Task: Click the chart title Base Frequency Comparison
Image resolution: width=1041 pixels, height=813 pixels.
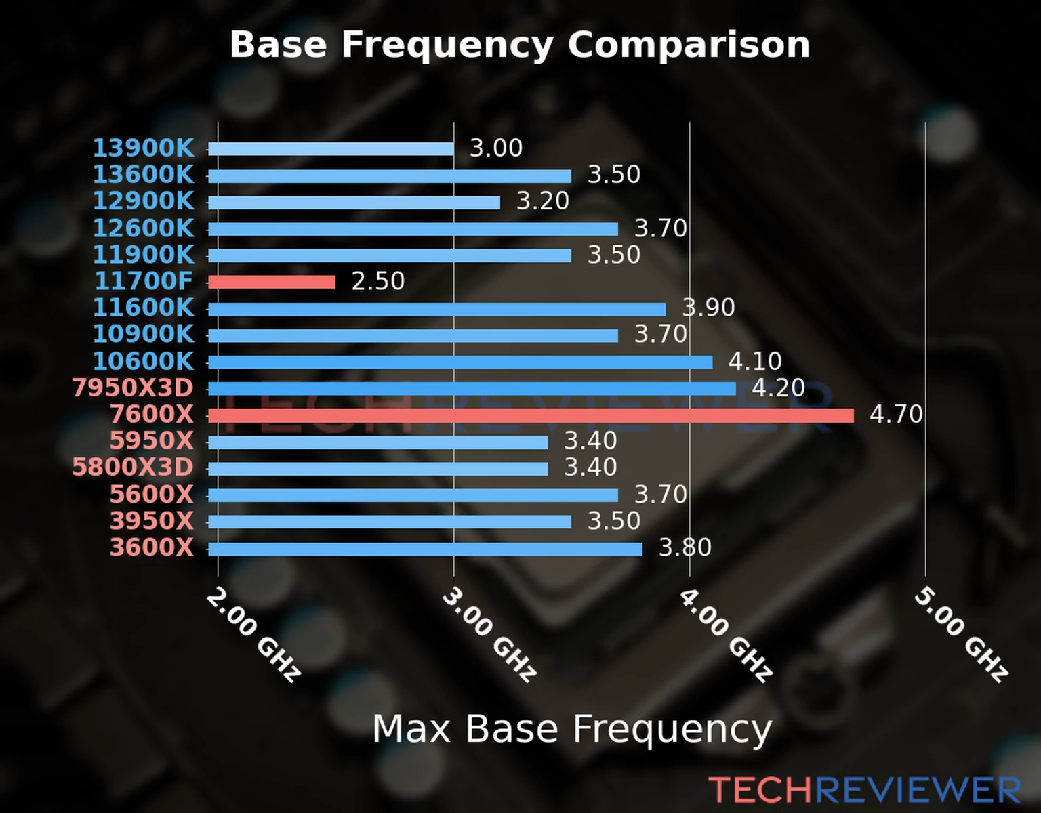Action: point(520,45)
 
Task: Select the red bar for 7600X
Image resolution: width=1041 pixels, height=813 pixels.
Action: point(531,415)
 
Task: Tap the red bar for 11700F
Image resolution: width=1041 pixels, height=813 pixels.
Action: point(271,282)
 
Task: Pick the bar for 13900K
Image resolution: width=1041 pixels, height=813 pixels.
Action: point(331,149)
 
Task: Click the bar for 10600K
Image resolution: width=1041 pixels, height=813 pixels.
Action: point(460,362)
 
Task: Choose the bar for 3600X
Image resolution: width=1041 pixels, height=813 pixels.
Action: point(425,549)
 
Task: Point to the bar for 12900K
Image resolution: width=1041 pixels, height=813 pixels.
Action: point(354,203)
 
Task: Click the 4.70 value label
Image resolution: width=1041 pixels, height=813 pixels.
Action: point(896,414)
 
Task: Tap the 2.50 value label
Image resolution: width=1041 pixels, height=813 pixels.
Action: point(377,281)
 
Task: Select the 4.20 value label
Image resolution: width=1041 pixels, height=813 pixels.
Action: point(778,388)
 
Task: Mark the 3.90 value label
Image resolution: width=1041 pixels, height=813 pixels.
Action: point(708,308)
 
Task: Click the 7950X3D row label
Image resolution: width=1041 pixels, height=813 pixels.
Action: point(133,388)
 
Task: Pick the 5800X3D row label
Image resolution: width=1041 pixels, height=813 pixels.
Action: point(133,467)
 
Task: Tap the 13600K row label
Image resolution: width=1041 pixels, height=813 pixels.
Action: point(143,175)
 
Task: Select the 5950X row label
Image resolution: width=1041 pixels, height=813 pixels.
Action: point(152,441)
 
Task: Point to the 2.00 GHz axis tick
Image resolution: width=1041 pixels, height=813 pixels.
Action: point(252,635)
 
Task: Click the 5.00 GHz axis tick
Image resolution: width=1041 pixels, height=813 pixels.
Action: point(960,635)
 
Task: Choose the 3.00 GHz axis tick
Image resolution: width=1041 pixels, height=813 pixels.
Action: point(489,635)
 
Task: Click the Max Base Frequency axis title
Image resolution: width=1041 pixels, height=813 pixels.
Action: point(572,730)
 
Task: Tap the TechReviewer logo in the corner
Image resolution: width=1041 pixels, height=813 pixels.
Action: point(864,790)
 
